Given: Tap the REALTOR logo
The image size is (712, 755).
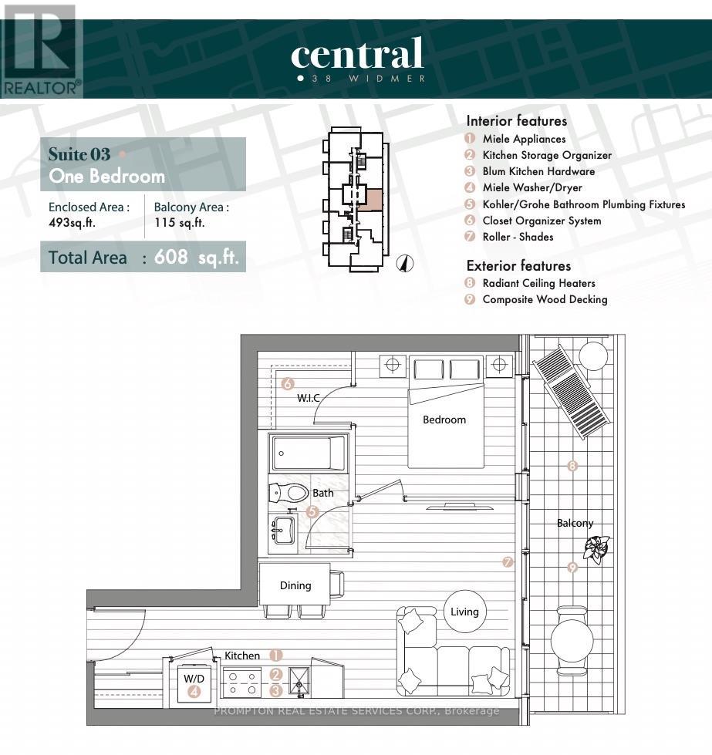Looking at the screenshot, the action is pos(40,50).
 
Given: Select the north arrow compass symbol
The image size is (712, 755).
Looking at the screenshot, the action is pos(405,263).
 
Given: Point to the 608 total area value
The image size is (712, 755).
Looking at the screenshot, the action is pos(171,257).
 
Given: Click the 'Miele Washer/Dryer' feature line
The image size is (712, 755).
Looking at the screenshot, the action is pos(531,188).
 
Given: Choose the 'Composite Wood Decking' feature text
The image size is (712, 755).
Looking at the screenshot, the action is pos(545,299).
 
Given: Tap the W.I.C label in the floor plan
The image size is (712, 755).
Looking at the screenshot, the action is pos(308,398).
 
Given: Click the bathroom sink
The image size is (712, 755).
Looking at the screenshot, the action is pos(283,530).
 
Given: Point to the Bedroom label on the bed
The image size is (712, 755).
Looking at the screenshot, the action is pos(444,420).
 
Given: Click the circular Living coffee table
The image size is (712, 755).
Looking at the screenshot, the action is pos(464,612).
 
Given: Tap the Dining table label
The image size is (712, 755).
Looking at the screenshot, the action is pos(295,585).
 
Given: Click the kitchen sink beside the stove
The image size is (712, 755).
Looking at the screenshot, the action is pos(299,682).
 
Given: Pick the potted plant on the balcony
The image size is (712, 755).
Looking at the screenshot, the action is pos(596,549).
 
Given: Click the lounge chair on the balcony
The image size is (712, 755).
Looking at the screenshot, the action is pos(572,391).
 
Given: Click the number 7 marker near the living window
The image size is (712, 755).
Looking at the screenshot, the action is pos(508,562).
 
